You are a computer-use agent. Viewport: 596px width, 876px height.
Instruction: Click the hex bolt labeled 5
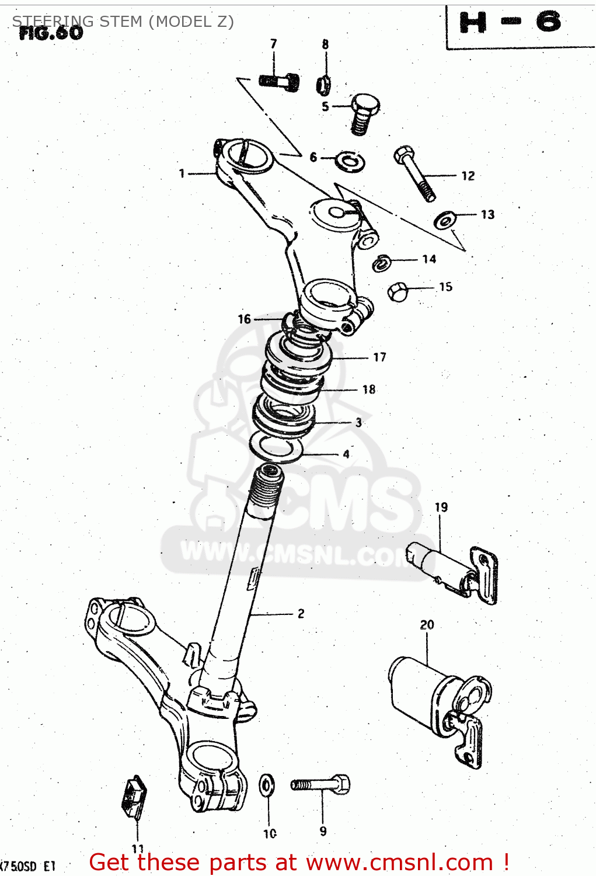click(364, 113)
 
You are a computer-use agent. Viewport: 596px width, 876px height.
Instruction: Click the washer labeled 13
click(445, 220)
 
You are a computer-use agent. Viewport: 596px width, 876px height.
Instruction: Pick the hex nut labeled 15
click(397, 291)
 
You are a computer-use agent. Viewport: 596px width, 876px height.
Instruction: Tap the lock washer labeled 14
click(382, 263)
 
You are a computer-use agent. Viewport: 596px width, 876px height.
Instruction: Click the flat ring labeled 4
click(277, 448)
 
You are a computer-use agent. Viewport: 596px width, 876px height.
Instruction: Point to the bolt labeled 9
click(321, 784)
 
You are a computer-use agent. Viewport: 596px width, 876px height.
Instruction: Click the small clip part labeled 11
click(134, 795)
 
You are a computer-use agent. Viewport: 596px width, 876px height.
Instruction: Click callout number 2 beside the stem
click(301, 613)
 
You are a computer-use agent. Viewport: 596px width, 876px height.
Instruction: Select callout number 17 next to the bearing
click(379, 357)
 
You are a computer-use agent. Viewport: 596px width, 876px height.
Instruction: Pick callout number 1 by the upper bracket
click(182, 173)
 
